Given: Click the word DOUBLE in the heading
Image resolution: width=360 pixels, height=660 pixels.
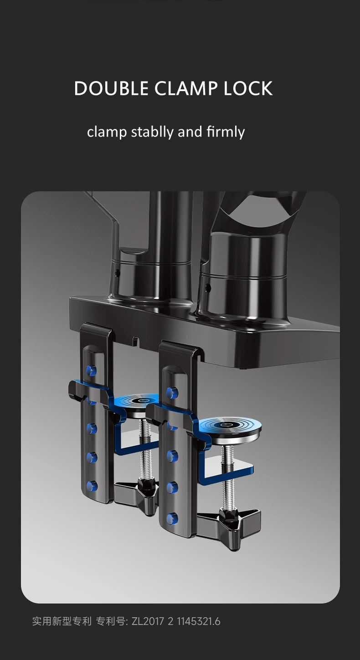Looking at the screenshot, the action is pos(111,88).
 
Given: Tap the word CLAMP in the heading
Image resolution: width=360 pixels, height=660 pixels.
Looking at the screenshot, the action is pos(186,88).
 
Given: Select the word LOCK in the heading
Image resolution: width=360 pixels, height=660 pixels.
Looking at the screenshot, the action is pos(248,88).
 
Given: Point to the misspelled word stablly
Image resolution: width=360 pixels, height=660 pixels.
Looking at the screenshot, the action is pos(152,132).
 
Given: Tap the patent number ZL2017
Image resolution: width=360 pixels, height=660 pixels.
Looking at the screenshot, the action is pos(148,621).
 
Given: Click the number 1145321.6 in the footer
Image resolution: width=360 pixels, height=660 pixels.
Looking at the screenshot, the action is pos(198,621).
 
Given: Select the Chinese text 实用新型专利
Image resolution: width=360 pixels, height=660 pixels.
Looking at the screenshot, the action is pos(62,621).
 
